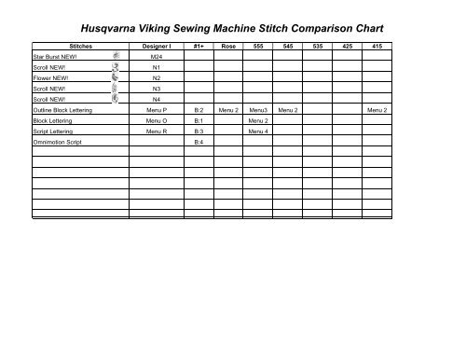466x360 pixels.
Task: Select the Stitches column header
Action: (74, 45)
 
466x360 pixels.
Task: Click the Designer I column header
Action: (156, 45)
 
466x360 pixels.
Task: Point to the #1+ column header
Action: (199, 45)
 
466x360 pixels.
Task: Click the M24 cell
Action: (156, 57)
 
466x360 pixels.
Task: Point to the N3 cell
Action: (156, 89)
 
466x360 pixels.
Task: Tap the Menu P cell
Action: (156, 110)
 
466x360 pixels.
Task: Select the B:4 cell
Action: (199, 142)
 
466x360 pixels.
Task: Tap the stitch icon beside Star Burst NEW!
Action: (116, 56)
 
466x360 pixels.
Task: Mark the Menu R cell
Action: (156, 132)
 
